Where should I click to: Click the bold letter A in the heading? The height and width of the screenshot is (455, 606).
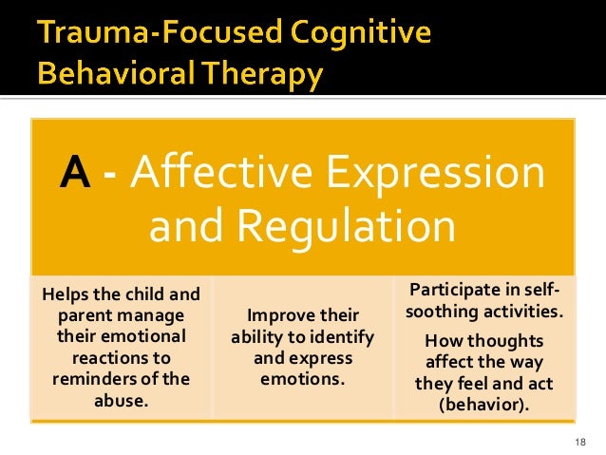[x=75, y=175]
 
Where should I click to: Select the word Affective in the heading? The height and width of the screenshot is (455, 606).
[x=198, y=175]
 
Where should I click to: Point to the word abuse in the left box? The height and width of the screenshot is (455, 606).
[x=121, y=399]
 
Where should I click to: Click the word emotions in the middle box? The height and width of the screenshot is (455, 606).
[x=303, y=378]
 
